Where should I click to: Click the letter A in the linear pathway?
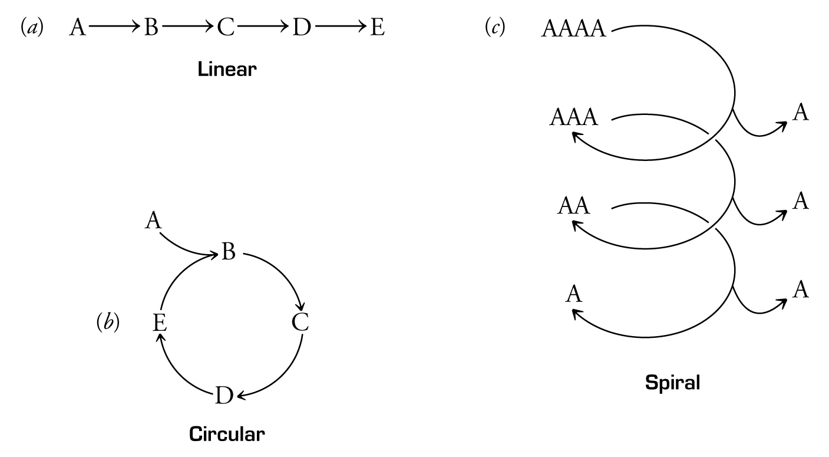(x=77, y=28)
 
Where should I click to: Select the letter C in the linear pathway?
(x=226, y=28)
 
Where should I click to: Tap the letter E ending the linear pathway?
(x=377, y=28)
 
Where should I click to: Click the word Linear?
(x=227, y=70)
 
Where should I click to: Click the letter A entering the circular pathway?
(x=153, y=221)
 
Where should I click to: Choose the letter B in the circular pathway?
(x=229, y=253)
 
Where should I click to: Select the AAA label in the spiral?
(x=574, y=118)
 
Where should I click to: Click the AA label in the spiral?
(x=574, y=206)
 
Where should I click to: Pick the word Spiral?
(x=672, y=383)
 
